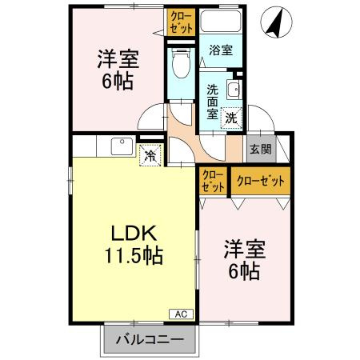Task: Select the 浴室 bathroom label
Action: tap(220, 50)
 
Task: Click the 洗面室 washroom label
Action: tap(212, 100)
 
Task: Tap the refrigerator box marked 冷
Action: tap(150, 155)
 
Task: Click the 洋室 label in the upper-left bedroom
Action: tap(115, 58)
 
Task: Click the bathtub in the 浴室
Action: tap(221, 23)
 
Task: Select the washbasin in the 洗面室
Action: tap(234, 89)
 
